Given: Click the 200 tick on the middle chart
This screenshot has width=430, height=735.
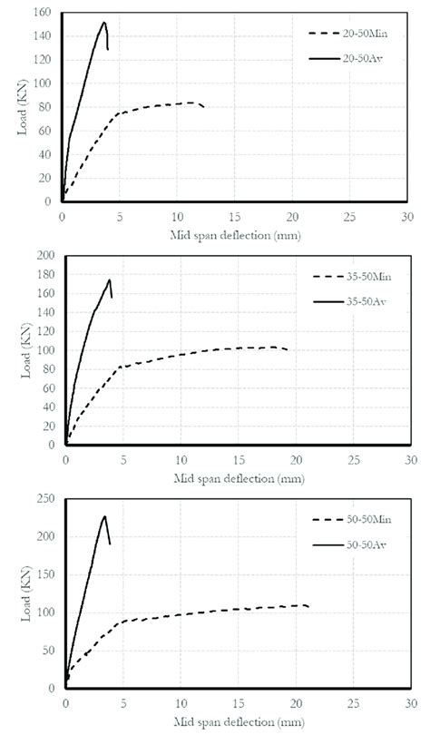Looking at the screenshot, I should click(44, 256).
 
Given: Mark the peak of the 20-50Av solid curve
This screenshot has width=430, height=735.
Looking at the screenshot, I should click(104, 23).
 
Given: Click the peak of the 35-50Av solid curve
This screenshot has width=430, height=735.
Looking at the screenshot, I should click(110, 279).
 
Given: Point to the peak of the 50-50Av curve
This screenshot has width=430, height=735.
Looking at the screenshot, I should click(104, 516).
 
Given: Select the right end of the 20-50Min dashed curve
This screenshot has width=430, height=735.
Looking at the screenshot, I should click(204, 107).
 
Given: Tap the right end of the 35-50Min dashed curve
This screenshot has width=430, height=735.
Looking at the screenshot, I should click(288, 349).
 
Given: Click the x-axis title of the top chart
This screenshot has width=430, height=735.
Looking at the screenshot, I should click(235, 235).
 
